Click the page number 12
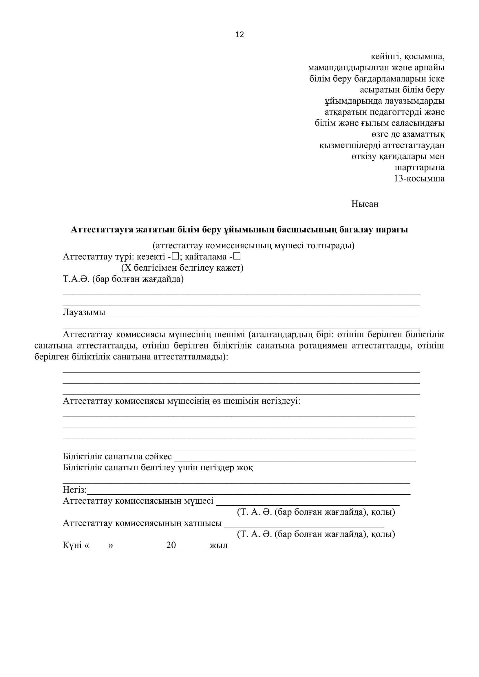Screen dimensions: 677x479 click(239, 35)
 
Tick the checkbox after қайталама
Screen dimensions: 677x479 click(237, 256)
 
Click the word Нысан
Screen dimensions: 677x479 click(365, 204)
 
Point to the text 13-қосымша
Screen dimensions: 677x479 click(419, 179)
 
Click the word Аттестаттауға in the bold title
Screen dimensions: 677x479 click(102, 230)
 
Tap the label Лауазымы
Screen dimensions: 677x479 click(84, 312)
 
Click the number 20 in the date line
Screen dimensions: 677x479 click(171, 545)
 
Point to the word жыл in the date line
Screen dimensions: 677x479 click(218, 546)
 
